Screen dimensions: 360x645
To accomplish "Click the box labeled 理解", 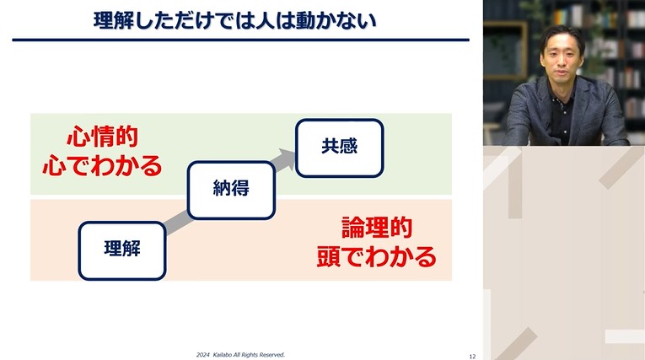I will [x=122, y=250].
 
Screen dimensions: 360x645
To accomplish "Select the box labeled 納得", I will [x=231, y=188].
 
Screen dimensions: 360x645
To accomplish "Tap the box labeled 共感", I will [x=339, y=147].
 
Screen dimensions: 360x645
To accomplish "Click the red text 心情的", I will [x=102, y=137].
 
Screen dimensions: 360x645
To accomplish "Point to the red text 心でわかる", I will [x=102, y=164].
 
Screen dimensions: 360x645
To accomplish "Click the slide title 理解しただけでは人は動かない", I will [x=235, y=19].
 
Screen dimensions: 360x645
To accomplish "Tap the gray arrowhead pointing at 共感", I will [x=288, y=159].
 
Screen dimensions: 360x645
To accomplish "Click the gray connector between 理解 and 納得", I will [x=177, y=221].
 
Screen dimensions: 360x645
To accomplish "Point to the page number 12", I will [x=472, y=356].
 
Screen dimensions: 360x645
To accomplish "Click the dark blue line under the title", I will [x=241, y=40].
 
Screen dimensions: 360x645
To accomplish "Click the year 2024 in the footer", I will [x=203, y=355].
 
